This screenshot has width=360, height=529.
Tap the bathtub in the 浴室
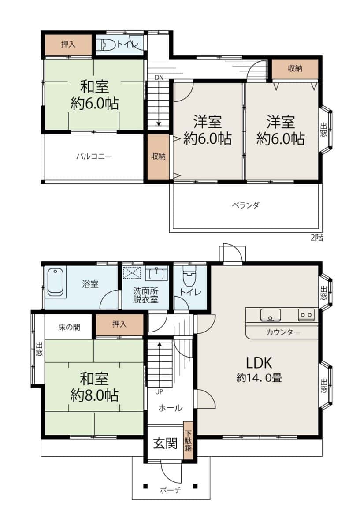tap(56, 283)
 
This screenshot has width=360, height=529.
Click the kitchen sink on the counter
tap(270, 315)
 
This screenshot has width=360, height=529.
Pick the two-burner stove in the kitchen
tap(306, 315)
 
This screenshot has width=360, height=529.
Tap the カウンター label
tap(283, 332)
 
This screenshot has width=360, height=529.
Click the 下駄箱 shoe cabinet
tap(188, 440)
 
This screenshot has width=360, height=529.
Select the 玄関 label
tap(165, 443)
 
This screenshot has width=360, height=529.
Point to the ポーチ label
tap(171, 491)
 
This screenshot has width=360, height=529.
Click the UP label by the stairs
tap(159, 392)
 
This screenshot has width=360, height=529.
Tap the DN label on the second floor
tap(159, 78)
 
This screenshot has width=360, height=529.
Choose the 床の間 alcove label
tap(69, 328)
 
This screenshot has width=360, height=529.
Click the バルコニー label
tap(94, 156)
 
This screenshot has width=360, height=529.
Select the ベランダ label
tap(245, 205)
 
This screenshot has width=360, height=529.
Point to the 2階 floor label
tap(316, 237)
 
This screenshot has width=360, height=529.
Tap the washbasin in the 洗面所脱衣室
tap(156, 273)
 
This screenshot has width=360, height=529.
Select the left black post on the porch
tap(145, 486)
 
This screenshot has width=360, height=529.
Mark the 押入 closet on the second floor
tap(68, 45)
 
